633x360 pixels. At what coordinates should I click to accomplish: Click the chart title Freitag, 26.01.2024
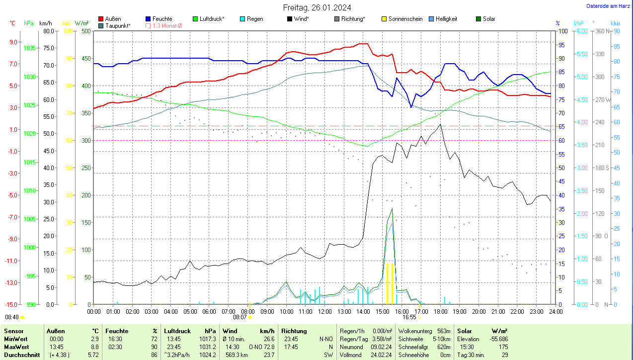317,7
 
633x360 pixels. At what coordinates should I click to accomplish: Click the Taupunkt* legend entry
118,25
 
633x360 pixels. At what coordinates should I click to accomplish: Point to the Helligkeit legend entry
446,19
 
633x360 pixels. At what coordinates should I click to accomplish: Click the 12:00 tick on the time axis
324,311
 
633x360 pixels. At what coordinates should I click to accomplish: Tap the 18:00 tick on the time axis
440,311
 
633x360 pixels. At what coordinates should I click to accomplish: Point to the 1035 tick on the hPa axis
30,48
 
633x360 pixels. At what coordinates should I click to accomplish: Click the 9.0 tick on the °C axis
13,42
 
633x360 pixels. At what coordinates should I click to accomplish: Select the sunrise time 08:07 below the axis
240,317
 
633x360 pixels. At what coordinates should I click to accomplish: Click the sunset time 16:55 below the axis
409,317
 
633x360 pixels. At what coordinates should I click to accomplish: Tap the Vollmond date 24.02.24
382,355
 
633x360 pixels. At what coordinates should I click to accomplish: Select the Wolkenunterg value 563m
443,331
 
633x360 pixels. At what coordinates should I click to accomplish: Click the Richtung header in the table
294,331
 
